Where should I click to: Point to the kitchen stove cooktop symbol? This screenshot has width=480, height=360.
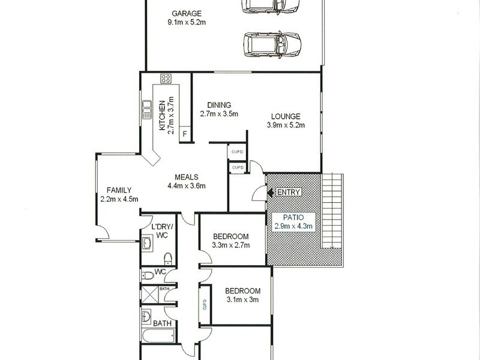tap(166, 79)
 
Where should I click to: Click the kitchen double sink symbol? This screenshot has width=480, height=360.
tap(146, 109)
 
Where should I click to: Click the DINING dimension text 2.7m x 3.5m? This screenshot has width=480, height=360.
tap(219, 113)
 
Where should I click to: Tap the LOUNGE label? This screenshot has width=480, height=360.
tap(286, 116)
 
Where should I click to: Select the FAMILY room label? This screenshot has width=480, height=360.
tap(119, 190)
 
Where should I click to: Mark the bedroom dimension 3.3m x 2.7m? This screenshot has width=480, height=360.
tap(231, 245)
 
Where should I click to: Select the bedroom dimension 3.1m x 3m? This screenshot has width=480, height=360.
tap(242, 300)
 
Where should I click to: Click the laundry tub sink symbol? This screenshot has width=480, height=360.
tap(148, 244)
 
